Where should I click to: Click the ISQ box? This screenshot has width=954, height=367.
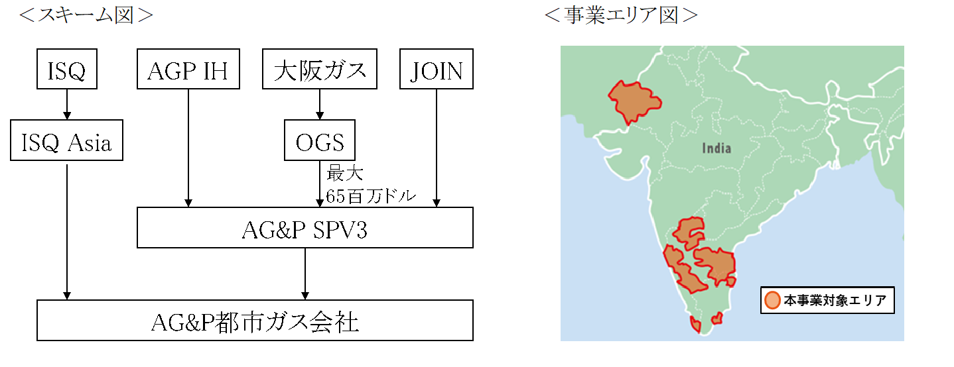(x=66, y=70)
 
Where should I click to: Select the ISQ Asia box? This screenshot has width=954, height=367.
(x=66, y=140)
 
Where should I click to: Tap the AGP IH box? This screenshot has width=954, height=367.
(x=188, y=70)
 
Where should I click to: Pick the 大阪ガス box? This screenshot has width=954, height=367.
(x=320, y=70)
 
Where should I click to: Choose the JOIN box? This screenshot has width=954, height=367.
(x=437, y=70)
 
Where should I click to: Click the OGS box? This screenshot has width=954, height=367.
(x=319, y=140)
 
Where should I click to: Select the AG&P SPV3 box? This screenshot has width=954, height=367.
(x=305, y=228)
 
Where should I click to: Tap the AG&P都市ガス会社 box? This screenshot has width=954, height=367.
(x=255, y=321)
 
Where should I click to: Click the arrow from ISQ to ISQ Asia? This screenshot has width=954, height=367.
(x=66, y=105)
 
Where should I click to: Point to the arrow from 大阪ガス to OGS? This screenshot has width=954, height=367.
(x=320, y=105)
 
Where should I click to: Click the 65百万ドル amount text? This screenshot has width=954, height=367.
(x=371, y=197)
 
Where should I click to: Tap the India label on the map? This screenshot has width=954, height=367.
(x=716, y=148)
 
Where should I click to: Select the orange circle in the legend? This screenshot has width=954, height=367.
(x=772, y=300)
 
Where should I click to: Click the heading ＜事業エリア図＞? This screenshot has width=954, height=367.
(x=621, y=15)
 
